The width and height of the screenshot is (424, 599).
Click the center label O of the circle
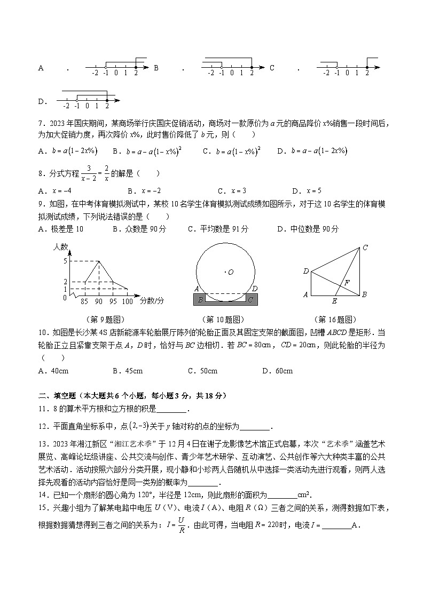[231, 273]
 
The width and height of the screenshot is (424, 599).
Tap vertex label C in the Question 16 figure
[365, 247]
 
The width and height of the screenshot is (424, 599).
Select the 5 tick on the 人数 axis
[65, 261]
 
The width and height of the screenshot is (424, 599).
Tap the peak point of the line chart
[99, 261]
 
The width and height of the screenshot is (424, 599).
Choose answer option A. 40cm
[53, 371]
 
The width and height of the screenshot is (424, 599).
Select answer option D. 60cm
[277, 371]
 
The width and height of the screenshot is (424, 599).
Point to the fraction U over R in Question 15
[181, 525]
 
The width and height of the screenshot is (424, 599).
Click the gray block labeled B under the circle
[200, 300]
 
